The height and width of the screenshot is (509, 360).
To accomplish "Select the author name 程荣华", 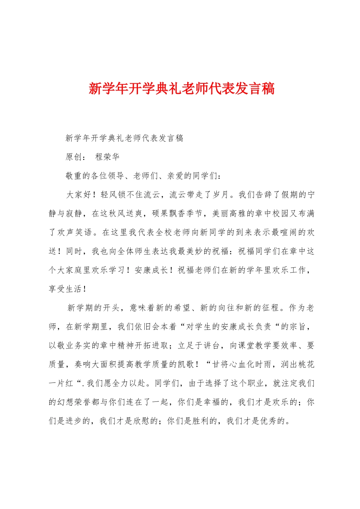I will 107,157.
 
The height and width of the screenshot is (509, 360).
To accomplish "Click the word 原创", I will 74,157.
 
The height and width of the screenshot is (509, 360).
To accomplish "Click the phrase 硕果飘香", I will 169,214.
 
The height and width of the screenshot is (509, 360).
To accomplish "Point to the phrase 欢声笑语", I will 75,233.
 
